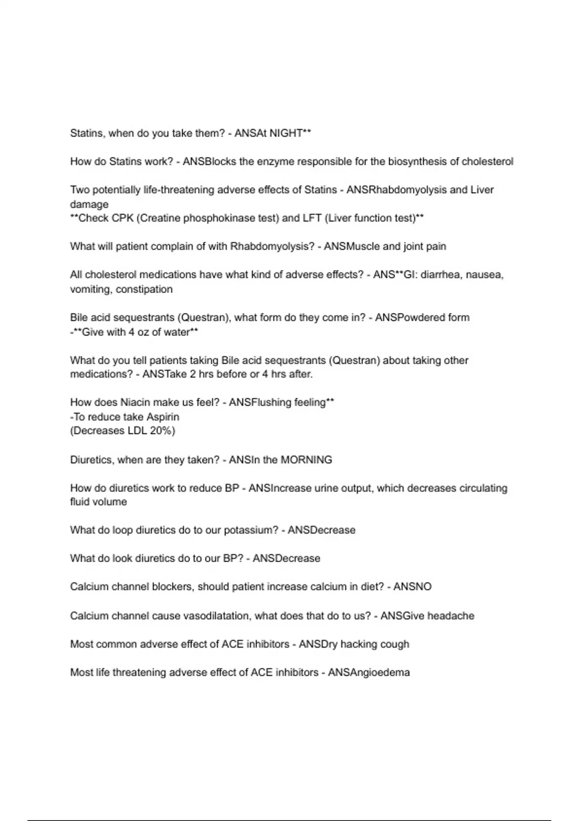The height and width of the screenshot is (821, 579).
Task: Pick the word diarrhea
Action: [x=441, y=275]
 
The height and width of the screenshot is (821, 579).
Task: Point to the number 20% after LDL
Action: [x=162, y=431]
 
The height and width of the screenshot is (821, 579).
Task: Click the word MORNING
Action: [x=306, y=460]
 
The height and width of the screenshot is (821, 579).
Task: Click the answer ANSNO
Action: [x=413, y=587]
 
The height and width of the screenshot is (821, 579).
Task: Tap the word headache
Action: [x=451, y=616]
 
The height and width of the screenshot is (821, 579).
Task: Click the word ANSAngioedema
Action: [x=369, y=673]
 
